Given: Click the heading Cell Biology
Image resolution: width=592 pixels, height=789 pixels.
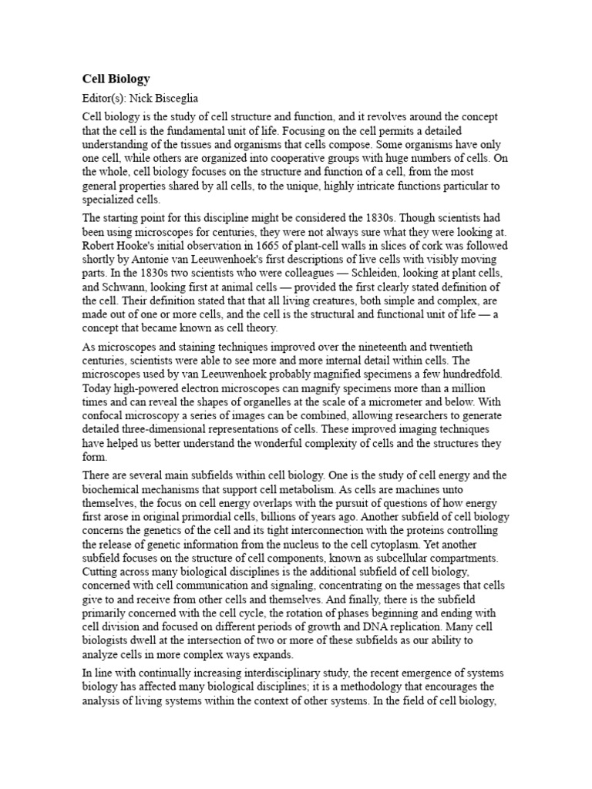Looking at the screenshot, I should pos(116,79).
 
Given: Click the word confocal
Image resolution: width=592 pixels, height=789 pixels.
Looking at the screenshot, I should pos(106,416).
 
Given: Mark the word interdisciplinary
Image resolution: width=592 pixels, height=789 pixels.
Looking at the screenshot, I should pos(268,673).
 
